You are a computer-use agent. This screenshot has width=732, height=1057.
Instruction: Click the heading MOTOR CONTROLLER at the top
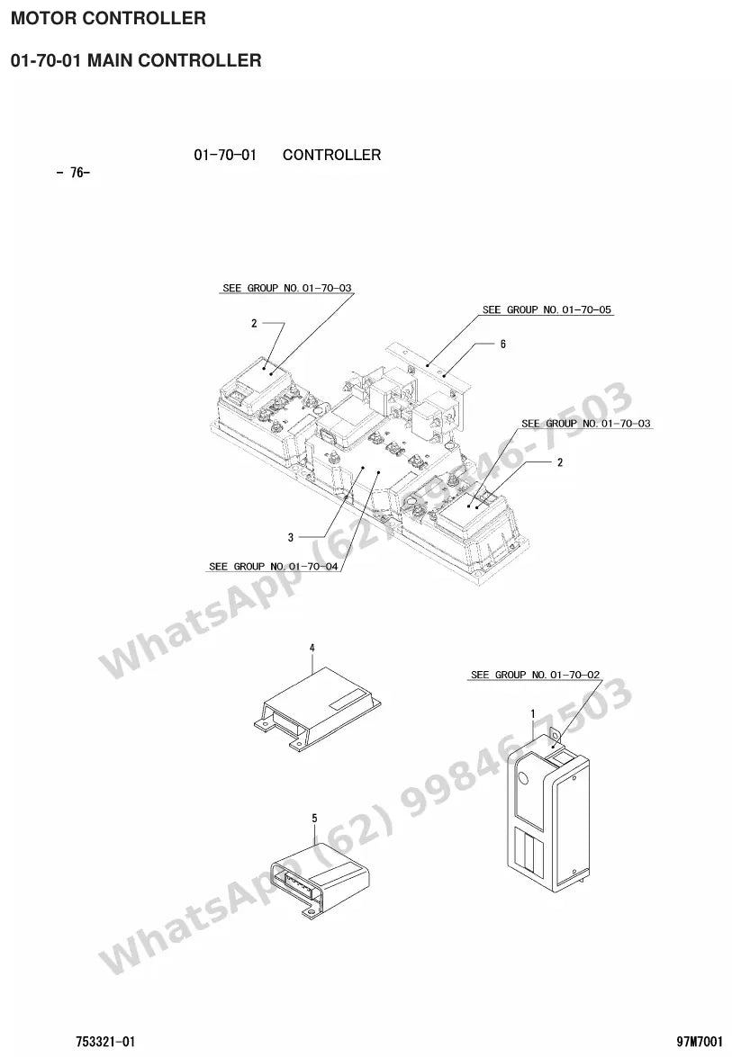pos(109,18)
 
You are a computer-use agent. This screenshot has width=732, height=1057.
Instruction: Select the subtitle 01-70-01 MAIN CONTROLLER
pos(136,60)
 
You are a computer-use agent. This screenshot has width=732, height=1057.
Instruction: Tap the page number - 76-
pos(73,173)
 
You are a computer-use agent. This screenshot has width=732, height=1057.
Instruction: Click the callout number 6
pos(502,344)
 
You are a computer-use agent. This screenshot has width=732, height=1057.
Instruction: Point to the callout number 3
pos(291,537)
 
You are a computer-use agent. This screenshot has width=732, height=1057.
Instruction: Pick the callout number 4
pos(312,648)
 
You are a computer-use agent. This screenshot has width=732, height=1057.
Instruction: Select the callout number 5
pos(314,819)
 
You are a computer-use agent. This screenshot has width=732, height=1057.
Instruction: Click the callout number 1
pos(533,714)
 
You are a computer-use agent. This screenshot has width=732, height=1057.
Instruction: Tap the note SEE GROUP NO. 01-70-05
pos(547,309)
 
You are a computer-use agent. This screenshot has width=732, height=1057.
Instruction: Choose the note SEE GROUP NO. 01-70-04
pos(273,566)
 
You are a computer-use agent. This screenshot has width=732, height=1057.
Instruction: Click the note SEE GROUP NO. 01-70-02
pos(535,675)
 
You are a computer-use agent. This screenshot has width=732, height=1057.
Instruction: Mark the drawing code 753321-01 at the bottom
pos(105,1042)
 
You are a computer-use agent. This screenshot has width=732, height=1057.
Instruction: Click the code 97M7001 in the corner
pos(700,1042)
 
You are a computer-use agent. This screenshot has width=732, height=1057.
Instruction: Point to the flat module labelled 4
pos(317,709)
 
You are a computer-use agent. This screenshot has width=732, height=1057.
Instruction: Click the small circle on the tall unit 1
pos(522,778)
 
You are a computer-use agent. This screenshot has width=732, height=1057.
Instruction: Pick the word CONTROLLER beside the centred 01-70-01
pos(332,155)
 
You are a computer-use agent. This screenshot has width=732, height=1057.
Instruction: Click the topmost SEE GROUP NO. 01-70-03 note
pos(286,288)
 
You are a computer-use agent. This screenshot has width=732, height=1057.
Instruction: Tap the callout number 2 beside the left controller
pos(254,324)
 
